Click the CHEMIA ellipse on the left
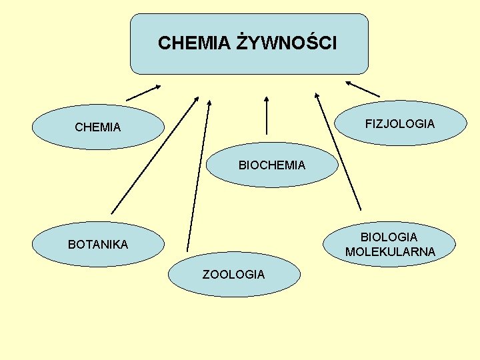98,126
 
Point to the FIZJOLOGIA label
400,124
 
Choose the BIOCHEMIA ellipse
272,165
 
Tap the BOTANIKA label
98,245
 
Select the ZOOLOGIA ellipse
233,274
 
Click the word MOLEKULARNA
390,252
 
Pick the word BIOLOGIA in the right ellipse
389,237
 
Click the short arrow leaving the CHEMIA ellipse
143,93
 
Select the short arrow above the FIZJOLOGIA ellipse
363,89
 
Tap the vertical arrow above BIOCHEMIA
267,117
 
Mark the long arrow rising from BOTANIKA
155,155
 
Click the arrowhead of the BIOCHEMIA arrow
267,100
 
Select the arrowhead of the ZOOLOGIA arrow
209,104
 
